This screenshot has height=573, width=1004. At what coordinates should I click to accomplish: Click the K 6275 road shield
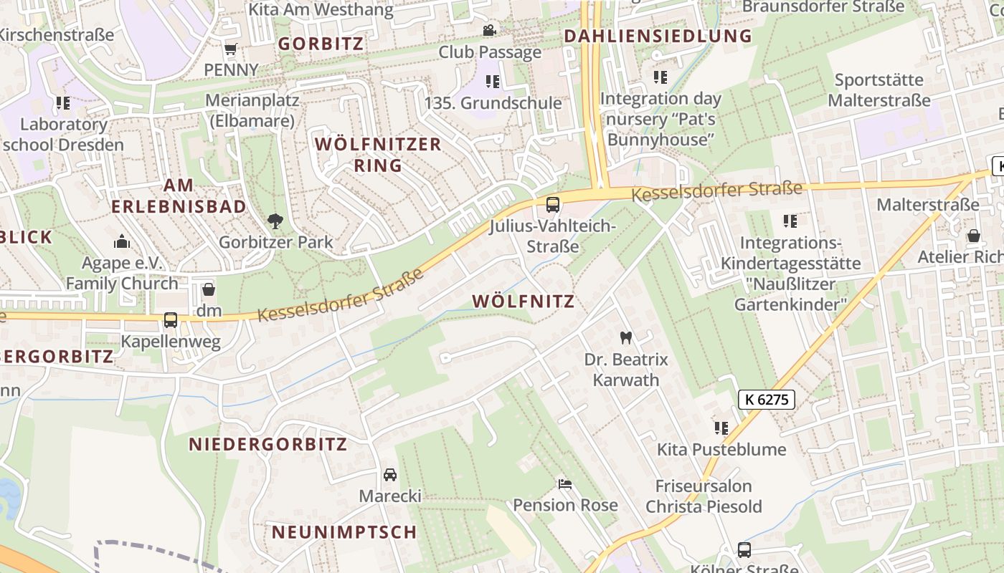click(x=767, y=400)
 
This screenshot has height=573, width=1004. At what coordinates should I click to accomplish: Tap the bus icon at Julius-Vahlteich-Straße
click(x=552, y=205)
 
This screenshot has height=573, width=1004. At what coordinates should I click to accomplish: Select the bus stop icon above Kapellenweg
click(x=171, y=319)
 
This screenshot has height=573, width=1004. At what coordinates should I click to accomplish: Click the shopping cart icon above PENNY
click(x=230, y=49)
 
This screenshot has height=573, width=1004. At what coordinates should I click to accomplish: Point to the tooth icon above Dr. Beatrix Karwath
click(x=625, y=337)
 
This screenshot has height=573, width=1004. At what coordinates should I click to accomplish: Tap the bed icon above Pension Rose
click(x=565, y=484)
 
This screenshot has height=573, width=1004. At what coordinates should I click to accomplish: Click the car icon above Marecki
click(x=390, y=475)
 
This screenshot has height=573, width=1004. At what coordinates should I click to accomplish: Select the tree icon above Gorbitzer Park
click(x=275, y=221)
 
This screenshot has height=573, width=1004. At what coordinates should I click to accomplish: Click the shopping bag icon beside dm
click(x=209, y=290)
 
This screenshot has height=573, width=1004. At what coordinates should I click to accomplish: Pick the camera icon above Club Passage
click(x=489, y=31)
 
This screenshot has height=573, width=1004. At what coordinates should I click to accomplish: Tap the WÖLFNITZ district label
click(x=524, y=302)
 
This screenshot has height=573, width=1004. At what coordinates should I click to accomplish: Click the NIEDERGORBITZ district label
click(x=268, y=445)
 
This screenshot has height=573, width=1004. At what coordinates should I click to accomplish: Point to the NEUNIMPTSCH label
click(x=344, y=532)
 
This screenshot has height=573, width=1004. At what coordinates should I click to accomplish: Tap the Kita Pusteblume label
click(x=721, y=450)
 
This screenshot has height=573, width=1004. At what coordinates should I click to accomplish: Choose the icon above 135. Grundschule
click(x=492, y=82)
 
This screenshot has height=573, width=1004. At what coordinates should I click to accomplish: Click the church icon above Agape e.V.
click(x=122, y=241)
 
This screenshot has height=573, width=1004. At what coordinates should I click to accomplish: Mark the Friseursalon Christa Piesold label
click(x=704, y=496)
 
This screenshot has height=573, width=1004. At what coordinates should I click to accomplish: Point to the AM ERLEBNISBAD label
click(x=179, y=196)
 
